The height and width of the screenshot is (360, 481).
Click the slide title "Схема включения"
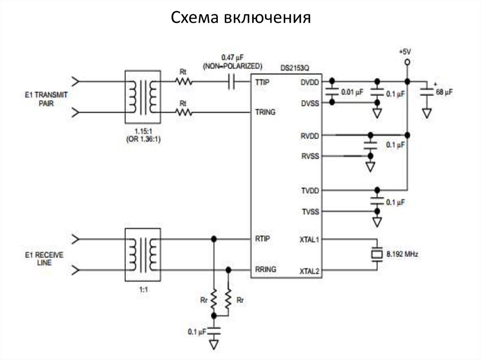pyautogui.click(x=240, y=17)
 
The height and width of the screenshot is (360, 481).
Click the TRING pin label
pyautogui.click(x=265, y=113)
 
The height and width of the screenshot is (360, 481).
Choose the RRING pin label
pyautogui.click(x=265, y=269)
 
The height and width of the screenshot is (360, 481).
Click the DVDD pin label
pyautogui.click(x=310, y=82)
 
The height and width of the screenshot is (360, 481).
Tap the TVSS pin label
pyautogui.click(x=310, y=212)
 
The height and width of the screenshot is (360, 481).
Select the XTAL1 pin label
pyautogui.click(x=309, y=239)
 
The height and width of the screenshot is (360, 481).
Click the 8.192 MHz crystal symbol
pyautogui.click(x=377, y=254)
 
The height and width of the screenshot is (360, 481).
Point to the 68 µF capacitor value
pyautogui.click(x=444, y=92)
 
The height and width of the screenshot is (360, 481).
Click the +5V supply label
pyautogui.click(x=405, y=51)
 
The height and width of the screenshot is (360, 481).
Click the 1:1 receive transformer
pyautogui.click(x=142, y=254)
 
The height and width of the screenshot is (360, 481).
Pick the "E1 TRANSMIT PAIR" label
pyautogui.click(x=47, y=99)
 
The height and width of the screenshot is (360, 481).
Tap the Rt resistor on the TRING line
pyautogui.click(x=184, y=112)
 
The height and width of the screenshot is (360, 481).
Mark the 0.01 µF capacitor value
pyautogui.click(x=352, y=93)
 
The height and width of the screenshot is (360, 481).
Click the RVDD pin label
pyautogui.click(x=310, y=136)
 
